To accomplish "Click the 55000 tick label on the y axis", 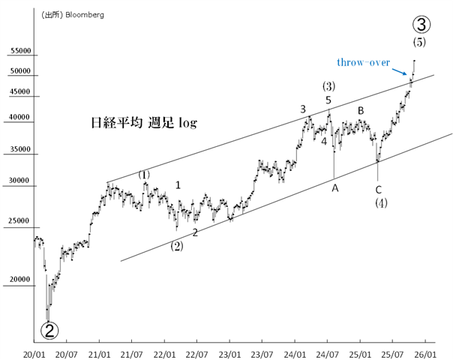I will tap(20, 52).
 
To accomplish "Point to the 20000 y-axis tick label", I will tap(20, 280).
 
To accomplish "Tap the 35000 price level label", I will tap(20, 149).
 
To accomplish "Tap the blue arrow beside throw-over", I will tap(402, 71).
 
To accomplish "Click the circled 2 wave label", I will tap(49, 329).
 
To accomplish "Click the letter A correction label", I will tap(335, 187).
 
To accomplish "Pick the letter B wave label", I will tap(361, 111).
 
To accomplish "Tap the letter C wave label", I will tap(379, 188).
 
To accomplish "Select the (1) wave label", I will tap(144, 175).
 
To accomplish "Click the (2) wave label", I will tap(176, 245).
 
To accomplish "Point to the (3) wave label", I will tap(328, 85).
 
